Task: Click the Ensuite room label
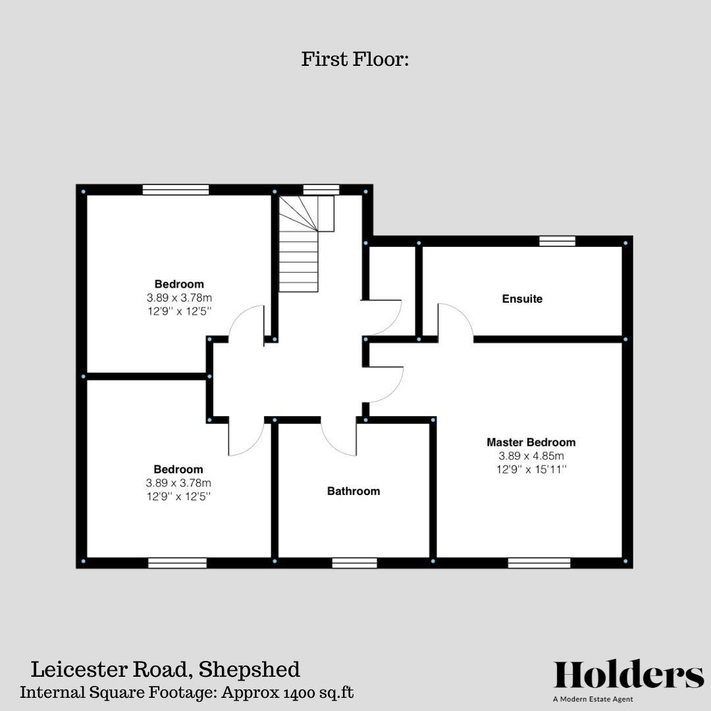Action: click(522, 299)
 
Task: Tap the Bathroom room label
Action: click(354, 491)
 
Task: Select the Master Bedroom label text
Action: click(531, 442)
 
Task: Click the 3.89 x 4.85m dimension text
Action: click(531, 456)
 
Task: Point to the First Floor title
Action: click(355, 59)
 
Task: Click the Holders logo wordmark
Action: click(629, 675)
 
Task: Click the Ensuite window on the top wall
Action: click(557, 241)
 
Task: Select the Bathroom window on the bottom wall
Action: click(354, 563)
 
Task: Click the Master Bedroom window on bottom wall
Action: click(539, 563)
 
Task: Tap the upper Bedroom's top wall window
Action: click(175, 190)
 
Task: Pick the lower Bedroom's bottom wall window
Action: click(177, 563)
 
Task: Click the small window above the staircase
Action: click(321, 190)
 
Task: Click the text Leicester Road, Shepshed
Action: click(165, 670)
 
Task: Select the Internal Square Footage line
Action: click(187, 693)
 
